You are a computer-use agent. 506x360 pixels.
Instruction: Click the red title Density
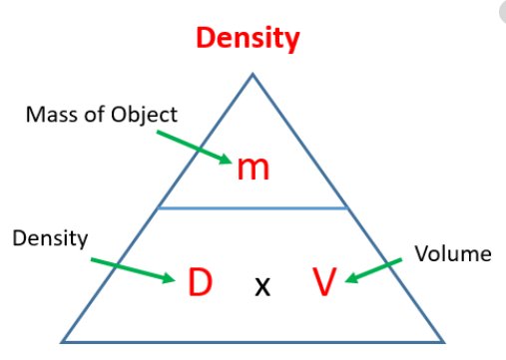pos(248,39)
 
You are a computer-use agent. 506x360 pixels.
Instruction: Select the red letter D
pos(198,284)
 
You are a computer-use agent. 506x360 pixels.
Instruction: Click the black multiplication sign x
pos(261,287)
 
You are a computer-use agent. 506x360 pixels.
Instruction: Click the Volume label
pos(453,253)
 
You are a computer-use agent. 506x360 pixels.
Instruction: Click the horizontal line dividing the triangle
pos(253,208)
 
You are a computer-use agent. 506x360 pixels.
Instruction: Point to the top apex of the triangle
pos(253,74)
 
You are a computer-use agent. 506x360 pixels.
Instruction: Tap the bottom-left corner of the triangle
pos(64,341)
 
